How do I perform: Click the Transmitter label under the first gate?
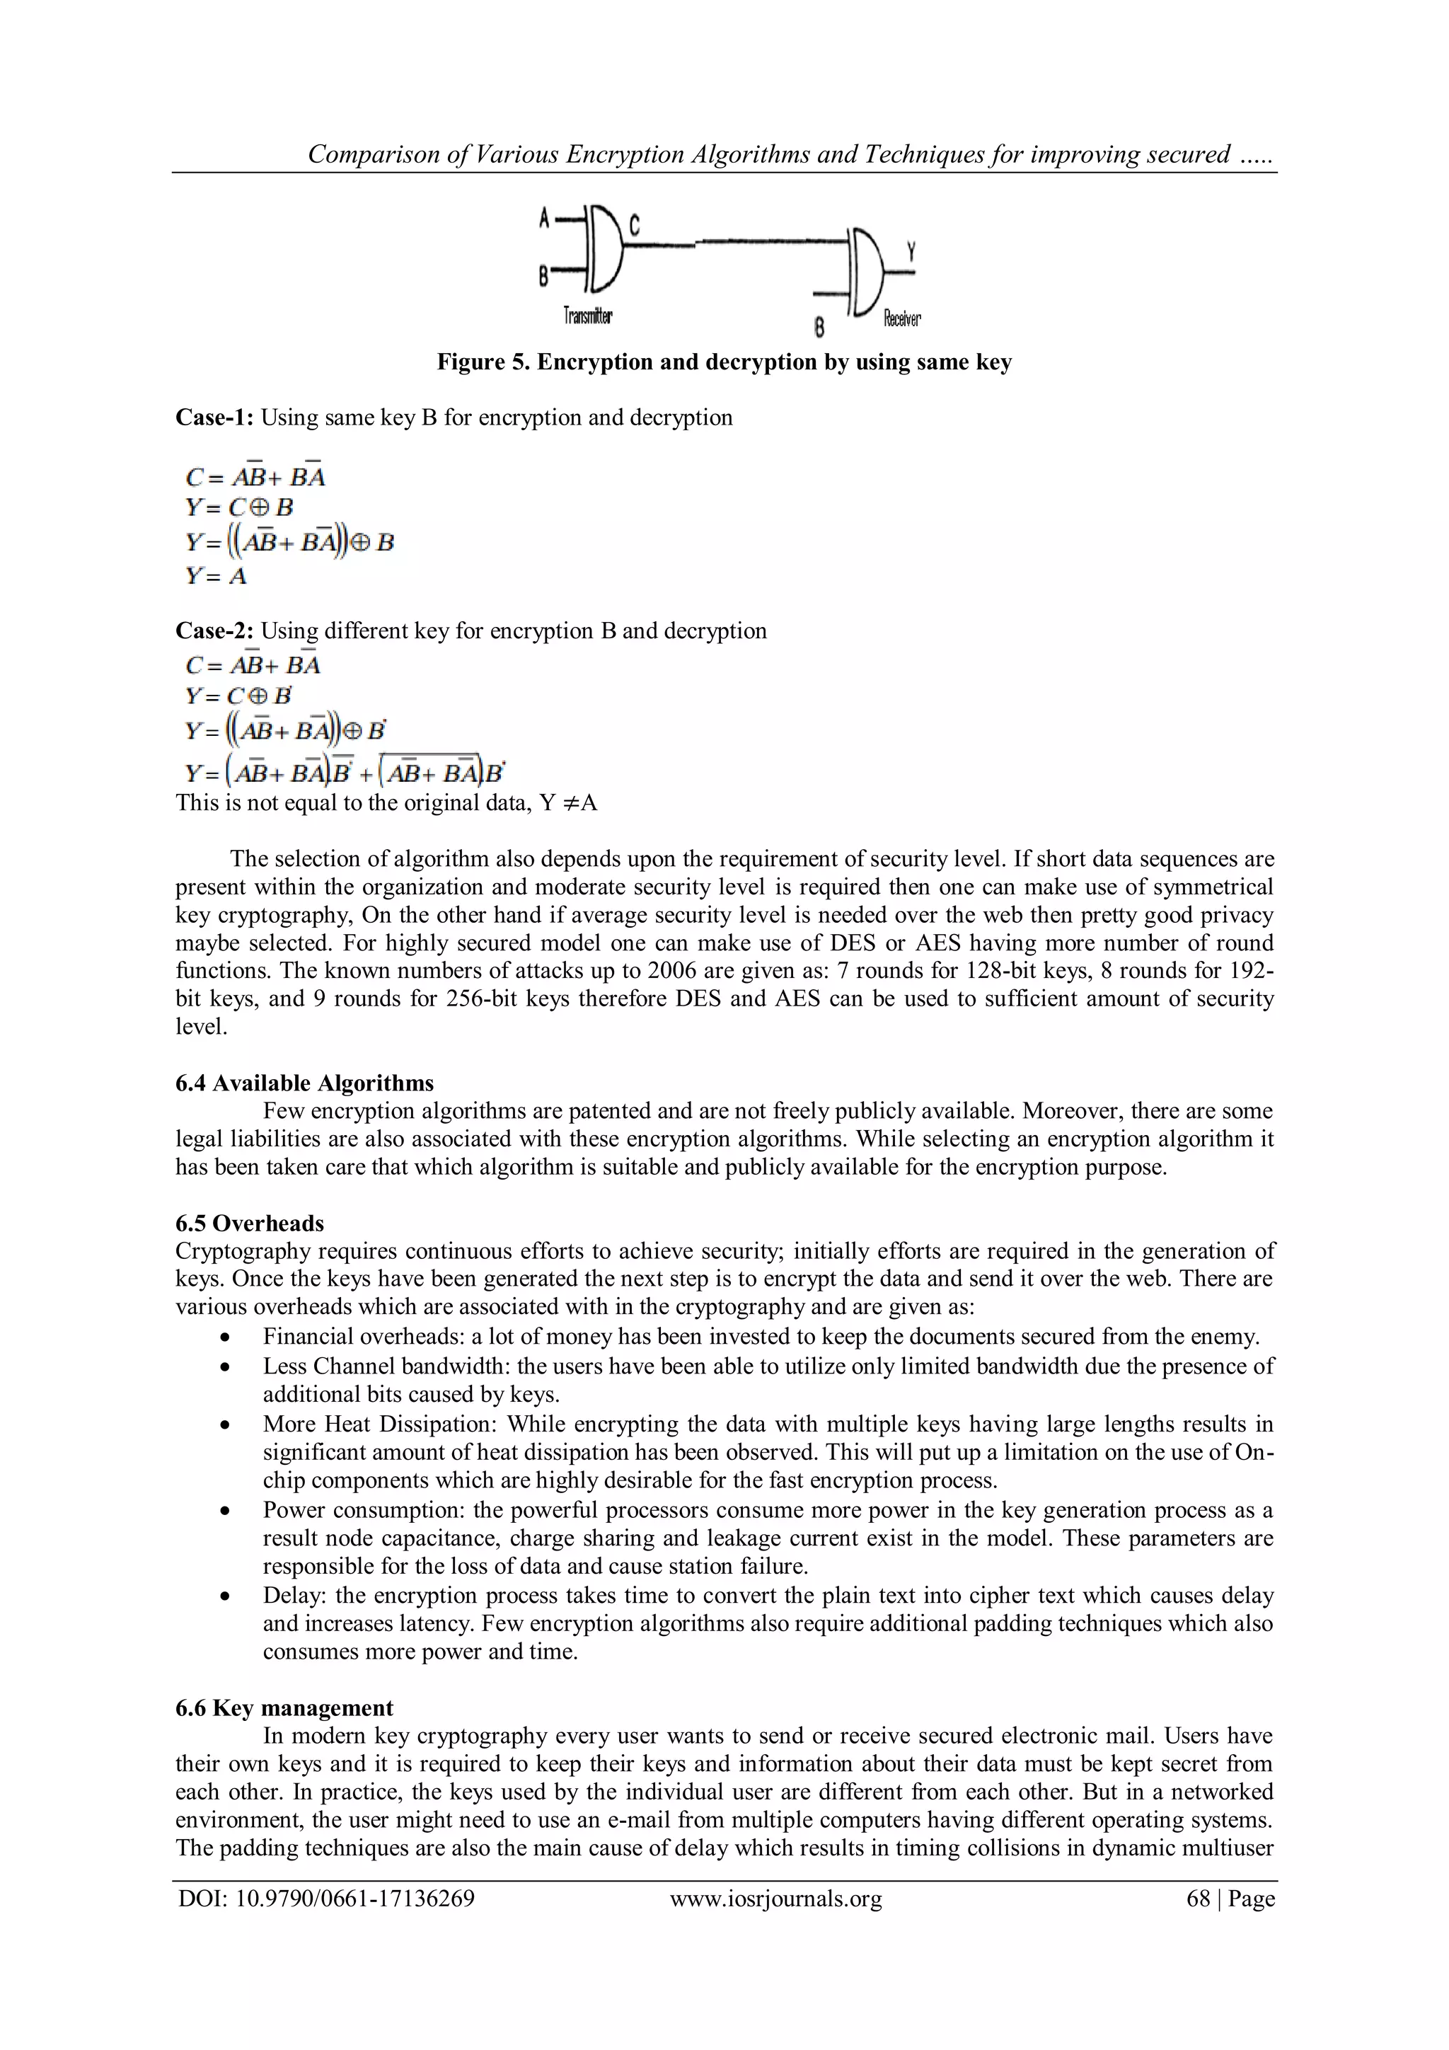[x=587, y=316]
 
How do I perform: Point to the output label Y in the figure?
[x=911, y=252]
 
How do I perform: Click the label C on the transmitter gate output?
[x=634, y=225]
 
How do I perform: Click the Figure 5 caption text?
[x=724, y=362]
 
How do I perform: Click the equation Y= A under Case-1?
[x=216, y=576]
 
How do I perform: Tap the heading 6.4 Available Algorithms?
[x=304, y=1083]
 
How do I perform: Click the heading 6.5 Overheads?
[x=249, y=1223]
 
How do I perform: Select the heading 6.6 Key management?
[x=284, y=1708]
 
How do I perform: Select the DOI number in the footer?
[x=354, y=1899]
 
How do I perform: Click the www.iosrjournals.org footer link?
[x=775, y=1899]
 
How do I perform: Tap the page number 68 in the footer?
[x=1197, y=1899]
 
